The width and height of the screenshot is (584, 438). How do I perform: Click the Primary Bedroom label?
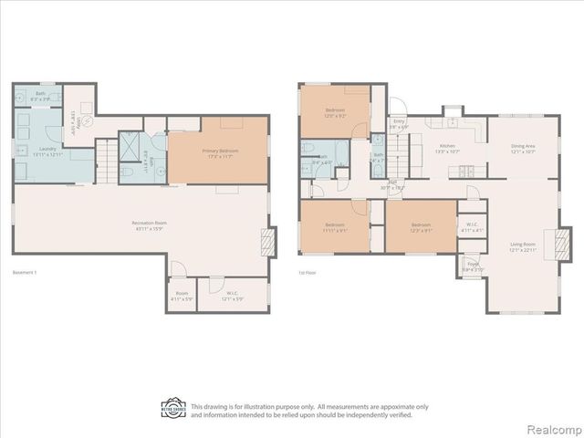pyautogui.click(x=217, y=153)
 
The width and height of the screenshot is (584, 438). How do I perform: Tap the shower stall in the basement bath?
pyautogui.click(x=130, y=146)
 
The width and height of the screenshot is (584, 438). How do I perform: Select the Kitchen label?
pyautogui.click(x=447, y=148)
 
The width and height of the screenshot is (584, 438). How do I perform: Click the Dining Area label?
pyautogui.click(x=523, y=148)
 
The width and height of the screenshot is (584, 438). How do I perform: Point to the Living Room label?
pyautogui.click(x=523, y=246)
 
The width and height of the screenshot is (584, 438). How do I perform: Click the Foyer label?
pyautogui.click(x=472, y=268)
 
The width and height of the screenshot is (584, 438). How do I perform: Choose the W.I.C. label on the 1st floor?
pyautogui.click(x=472, y=227)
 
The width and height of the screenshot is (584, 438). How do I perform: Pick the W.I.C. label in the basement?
pyautogui.click(x=234, y=296)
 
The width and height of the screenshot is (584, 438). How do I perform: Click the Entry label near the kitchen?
pyautogui.click(x=399, y=123)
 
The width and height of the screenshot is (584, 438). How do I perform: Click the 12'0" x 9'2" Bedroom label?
pyautogui.click(x=334, y=113)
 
